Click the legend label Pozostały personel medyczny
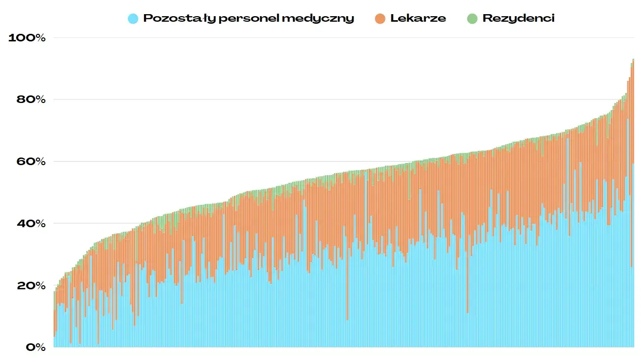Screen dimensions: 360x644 click(249, 19)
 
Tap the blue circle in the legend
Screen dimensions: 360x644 click(133, 19)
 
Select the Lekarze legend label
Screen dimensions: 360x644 click(418, 19)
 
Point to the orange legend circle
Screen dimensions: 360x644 click(380, 19)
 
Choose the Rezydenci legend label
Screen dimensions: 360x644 click(518, 19)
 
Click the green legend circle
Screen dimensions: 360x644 click(472, 19)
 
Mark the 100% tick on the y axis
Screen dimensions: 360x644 click(27, 38)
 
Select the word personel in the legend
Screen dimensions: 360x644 click(249, 19)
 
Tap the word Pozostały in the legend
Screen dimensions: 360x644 click(179, 19)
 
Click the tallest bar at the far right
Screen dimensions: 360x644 click(633, 202)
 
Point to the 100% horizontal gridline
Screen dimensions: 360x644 click(343, 38)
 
